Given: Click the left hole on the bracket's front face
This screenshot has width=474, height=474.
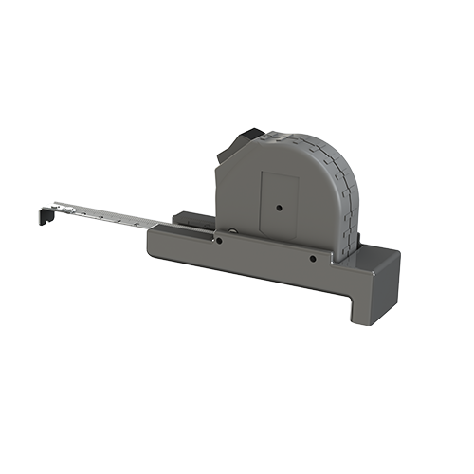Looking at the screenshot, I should click(219, 241).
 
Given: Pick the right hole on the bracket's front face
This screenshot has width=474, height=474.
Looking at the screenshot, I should click(312, 256).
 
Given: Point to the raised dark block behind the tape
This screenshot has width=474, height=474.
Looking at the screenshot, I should click(194, 219).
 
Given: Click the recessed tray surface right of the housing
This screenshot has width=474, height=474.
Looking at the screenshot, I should click(374, 252).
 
